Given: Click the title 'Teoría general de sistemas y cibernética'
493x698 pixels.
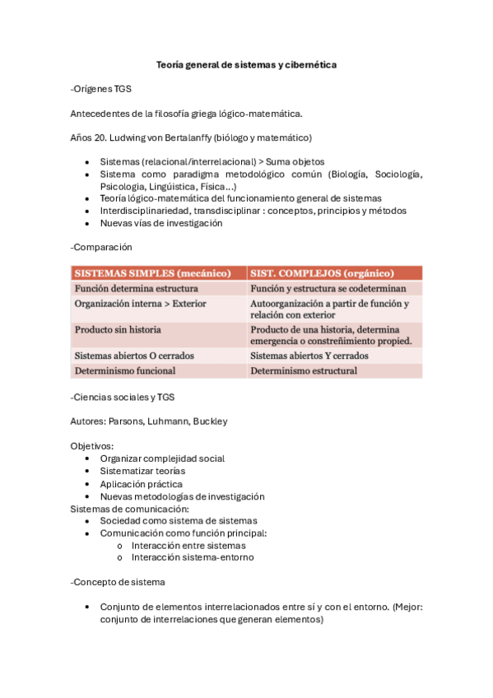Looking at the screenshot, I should [247, 64].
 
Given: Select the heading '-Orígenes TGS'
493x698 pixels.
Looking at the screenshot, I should [101, 89].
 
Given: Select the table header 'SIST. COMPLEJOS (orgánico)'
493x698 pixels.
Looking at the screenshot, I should [322, 272].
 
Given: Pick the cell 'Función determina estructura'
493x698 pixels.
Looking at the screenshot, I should [136, 289].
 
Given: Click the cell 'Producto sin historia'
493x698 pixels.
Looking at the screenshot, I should [118, 329].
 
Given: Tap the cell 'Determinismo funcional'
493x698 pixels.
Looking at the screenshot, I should [125, 370].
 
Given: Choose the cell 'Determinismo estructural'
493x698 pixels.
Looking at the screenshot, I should [304, 370].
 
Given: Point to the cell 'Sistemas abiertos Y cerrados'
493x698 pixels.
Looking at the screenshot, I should [309, 356].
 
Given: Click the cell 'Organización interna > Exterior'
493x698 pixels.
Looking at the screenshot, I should [141, 304].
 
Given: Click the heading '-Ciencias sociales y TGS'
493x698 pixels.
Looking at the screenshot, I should [123, 398].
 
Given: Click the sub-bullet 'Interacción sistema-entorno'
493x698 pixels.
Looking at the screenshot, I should [193, 557].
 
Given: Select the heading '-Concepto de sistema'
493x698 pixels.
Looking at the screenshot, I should [118, 582].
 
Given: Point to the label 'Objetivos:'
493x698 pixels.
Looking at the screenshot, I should [92, 445].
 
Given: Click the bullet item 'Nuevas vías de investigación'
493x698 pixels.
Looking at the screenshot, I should [161, 222].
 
